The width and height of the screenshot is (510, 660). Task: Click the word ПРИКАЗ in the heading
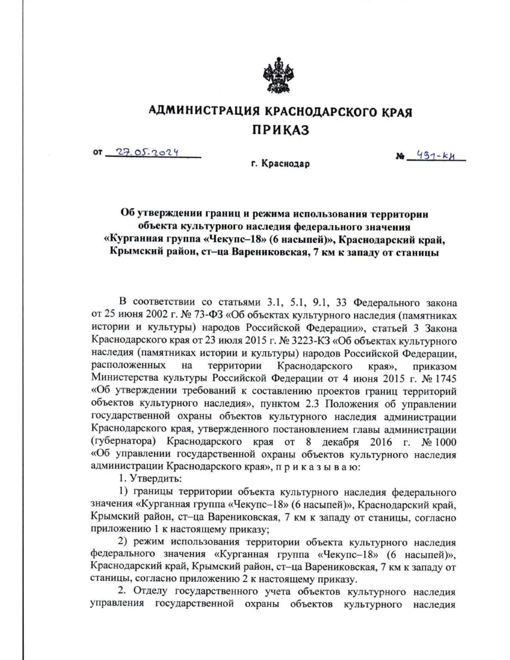pos(280,130)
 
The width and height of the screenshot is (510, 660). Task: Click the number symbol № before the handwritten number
pos(399,157)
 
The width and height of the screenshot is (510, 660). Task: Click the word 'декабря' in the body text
pos(340,442)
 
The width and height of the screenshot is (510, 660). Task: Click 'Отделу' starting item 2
pos(150,592)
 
